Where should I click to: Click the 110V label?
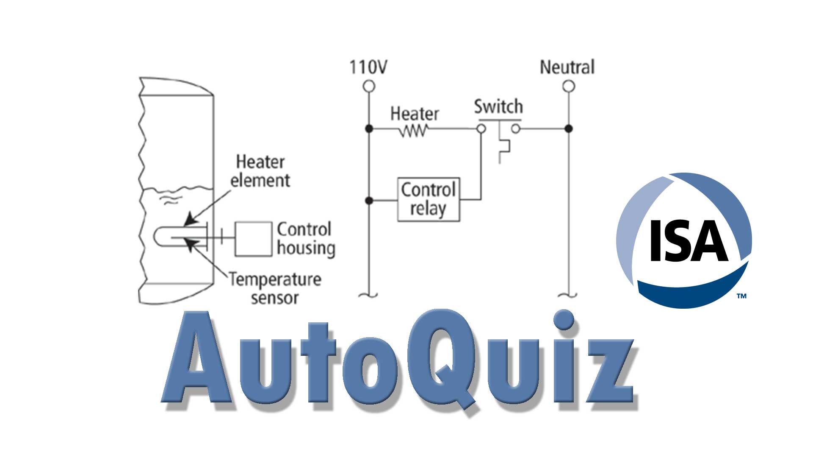tap(368, 67)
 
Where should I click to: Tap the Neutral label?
tap(567, 67)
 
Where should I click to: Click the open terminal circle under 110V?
tap(369, 87)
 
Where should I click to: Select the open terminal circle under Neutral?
tap(569, 87)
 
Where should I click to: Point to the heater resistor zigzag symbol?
tap(414, 132)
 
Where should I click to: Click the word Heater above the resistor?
tap(415, 114)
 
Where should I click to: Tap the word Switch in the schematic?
tap(498, 106)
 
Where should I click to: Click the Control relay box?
tap(429, 199)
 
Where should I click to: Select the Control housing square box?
tap(253, 239)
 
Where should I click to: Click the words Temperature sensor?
tap(275, 288)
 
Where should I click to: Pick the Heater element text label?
tap(260, 171)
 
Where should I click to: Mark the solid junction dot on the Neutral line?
tap(569, 128)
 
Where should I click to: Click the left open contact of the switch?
tap(481, 128)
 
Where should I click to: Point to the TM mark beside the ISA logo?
tap(741, 296)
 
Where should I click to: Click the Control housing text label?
tap(306, 239)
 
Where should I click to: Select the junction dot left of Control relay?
tap(369, 200)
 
